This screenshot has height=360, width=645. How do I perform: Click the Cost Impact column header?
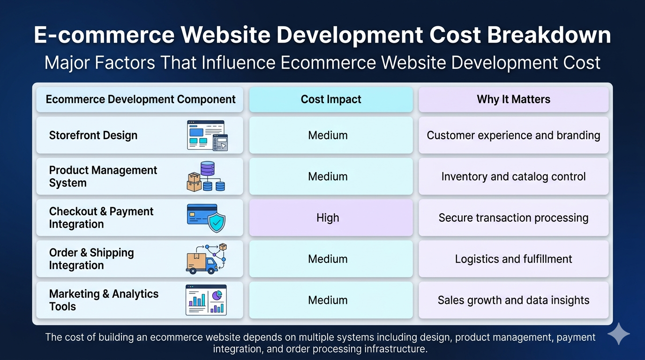[331, 99]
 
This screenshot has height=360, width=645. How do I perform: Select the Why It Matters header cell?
[513, 99]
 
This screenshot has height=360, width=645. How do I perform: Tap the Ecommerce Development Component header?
[140, 99]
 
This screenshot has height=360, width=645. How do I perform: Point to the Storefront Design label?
[93, 135]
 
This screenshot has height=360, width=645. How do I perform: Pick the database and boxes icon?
[206, 176]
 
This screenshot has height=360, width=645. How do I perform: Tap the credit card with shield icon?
[206, 218]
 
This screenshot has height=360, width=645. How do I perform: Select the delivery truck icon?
[206, 259]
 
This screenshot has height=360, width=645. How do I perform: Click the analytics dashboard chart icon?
[206, 300]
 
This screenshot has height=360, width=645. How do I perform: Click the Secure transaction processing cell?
[513, 217]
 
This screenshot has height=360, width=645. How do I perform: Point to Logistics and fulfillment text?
[513, 259]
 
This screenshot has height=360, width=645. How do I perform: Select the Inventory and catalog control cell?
[513, 177]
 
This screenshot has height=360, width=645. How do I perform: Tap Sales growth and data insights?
[513, 300]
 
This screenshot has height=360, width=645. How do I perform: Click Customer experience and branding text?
[513, 135]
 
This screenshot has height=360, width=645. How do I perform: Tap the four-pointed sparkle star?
[618, 334]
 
